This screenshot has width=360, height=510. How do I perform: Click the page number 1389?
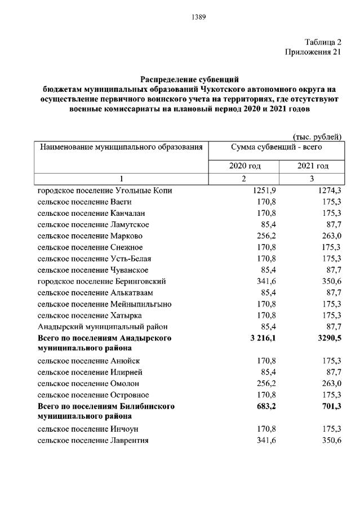coord(199,16)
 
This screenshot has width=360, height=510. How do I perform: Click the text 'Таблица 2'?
coord(323,42)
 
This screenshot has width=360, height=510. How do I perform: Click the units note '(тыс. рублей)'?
coord(317,136)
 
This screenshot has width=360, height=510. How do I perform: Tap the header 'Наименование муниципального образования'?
coord(121,147)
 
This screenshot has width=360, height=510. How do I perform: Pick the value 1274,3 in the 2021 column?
coord(329,190)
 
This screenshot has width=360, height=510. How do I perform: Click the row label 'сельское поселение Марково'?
coord(90,236)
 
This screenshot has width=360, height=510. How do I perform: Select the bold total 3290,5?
coord(329,338)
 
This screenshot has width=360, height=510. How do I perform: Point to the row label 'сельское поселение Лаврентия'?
coord(93,440)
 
